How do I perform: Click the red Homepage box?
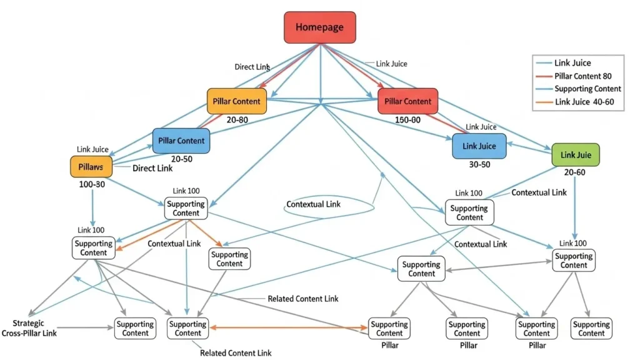pyautogui.click(x=319, y=27)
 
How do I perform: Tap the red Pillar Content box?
pyautogui.click(x=408, y=101)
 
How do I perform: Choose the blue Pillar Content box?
pyautogui.click(x=181, y=141)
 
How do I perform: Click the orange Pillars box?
pyautogui.click(x=91, y=167)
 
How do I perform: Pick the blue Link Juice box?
pyautogui.click(x=479, y=146)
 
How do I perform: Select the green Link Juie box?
pyautogui.click(x=576, y=155)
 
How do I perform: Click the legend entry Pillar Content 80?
pyautogui.click(x=582, y=76)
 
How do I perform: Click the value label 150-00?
pyautogui.click(x=408, y=119)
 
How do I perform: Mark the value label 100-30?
pyautogui.click(x=91, y=185)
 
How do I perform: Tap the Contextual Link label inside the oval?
pyautogui.click(x=313, y=205)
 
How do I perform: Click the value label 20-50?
pyautogui.click(x=181, y=159)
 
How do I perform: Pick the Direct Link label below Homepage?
pyautogui.click(x=252, y=67)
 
